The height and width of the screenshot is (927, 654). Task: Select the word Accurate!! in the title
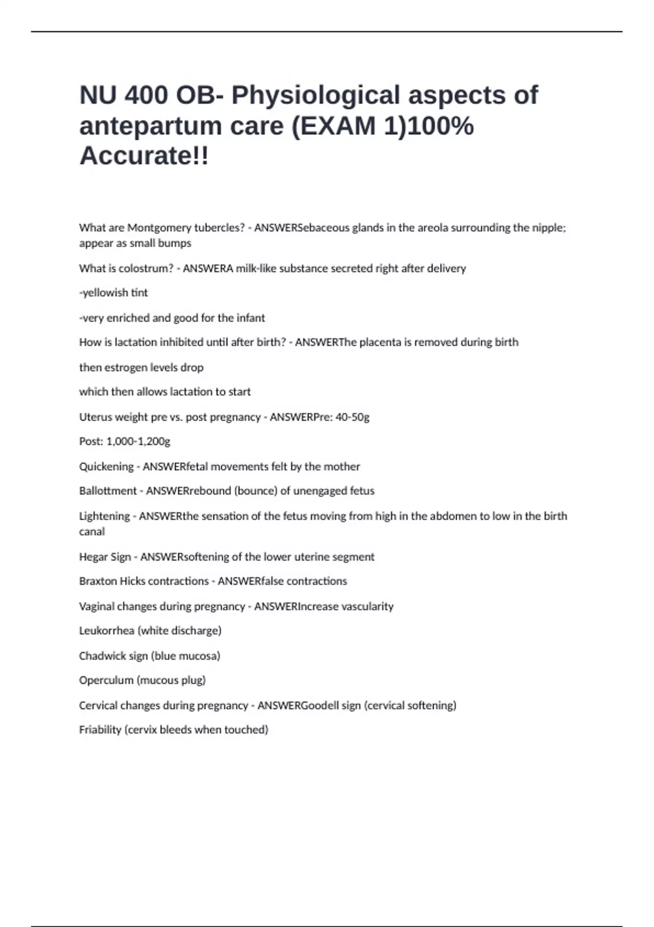click(x=144, y=156)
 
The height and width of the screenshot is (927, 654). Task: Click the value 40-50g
click(x=353, y=417)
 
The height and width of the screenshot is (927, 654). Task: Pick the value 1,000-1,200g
click(x=138, y=442)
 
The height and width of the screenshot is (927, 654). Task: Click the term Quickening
click(x=106, y=467)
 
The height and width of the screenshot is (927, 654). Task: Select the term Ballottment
click(x=108, y=491)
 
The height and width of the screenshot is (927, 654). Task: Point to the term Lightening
click(x=105, y=516)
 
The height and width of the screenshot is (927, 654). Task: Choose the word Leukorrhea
click(x=106, y=631)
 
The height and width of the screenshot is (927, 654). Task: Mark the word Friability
click(x=100, y=730)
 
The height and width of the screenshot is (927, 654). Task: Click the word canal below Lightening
click(x=92, y=532)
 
